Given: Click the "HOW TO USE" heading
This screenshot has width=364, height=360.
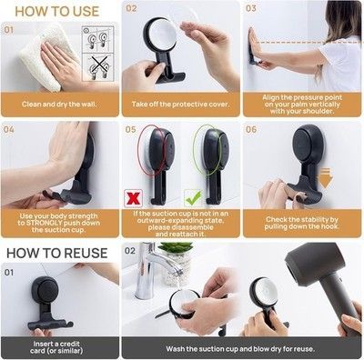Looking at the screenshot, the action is click(x=57, y=12).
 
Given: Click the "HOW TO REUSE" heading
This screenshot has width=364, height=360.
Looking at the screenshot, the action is click(x=57, y=253).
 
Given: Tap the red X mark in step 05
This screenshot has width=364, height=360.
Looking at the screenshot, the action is click(x=134, y=198).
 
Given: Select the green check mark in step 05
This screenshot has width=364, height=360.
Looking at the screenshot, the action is click(x=193, y=198).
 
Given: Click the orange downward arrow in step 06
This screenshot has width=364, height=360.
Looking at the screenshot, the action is click(x=325, y=178).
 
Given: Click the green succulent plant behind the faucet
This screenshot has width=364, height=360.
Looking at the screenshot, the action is click(x=176, y=249).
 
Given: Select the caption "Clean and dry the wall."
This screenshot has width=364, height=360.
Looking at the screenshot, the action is click(x=59, y=105).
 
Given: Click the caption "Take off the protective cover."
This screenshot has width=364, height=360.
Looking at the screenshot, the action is click(x=180, y=105).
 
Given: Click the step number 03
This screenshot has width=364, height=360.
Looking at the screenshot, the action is click(x=251, y=8).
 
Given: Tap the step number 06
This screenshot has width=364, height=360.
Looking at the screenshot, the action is click(x=251, y=130).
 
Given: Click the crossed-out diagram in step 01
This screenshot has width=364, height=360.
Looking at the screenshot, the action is click(x=98, y=67).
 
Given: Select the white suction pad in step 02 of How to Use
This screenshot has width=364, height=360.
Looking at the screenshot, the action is click(x=163, y=35).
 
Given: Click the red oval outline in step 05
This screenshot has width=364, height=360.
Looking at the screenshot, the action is click(x=152, y=150).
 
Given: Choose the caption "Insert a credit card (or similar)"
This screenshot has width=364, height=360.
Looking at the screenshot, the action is click(x=56, y=347).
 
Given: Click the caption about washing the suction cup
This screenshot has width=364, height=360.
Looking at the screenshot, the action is click(x=240, y=349).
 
